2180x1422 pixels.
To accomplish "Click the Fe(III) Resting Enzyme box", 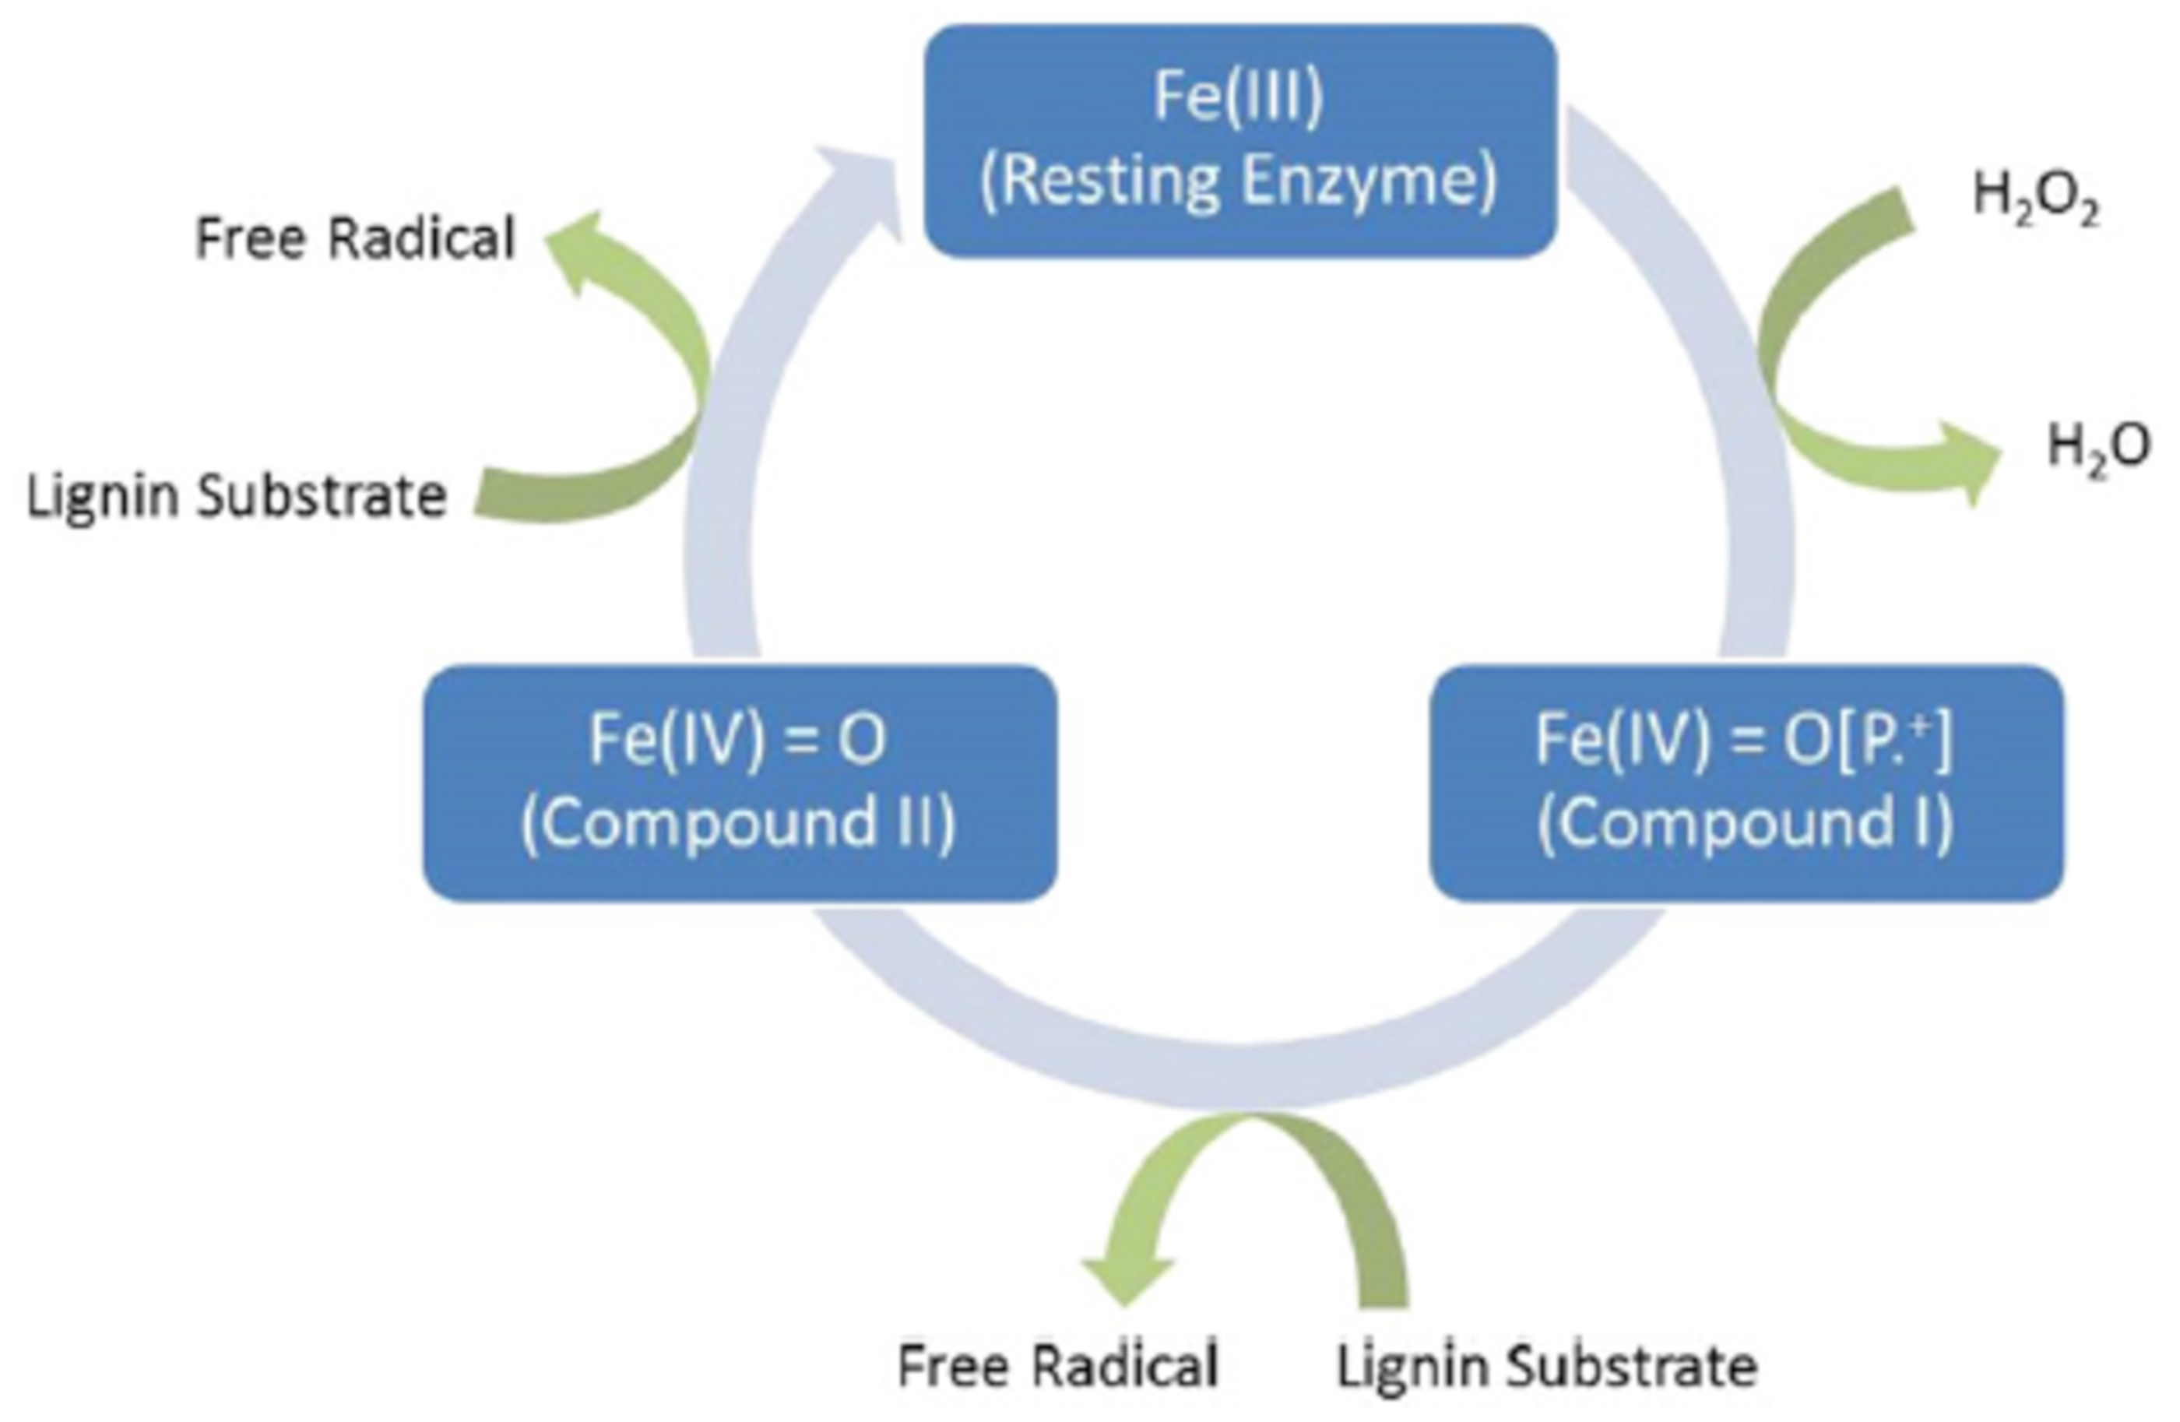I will click(1239, 140).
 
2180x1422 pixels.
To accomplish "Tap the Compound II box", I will click(739, 783).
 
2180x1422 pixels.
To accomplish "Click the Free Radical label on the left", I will click(355, 239).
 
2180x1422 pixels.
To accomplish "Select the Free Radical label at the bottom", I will click(1057, 1365).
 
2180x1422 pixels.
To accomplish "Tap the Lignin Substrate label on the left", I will click(237, 498).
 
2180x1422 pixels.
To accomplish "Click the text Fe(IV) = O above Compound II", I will click(737, 741).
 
